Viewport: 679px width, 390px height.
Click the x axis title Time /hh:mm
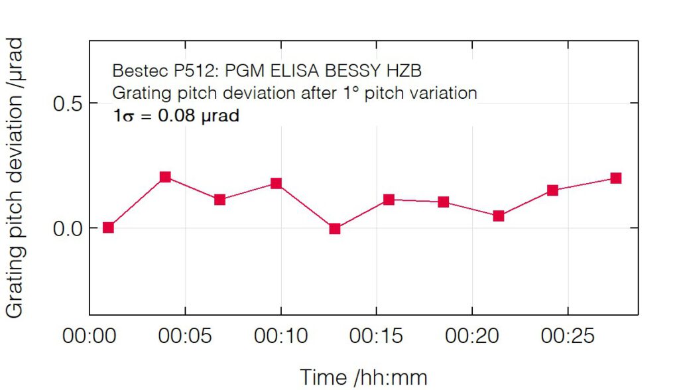point(363,377)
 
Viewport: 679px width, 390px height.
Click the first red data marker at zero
point(109,227)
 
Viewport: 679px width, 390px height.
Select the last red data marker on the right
point(615,178)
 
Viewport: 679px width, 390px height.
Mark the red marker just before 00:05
point(165,177)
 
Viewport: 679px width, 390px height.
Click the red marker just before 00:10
point(277,183)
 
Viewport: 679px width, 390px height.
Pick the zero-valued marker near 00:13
point(335,229)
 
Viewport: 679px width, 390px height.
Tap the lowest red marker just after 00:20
point(499,216)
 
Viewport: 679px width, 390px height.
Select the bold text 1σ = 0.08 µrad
point(176,115)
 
